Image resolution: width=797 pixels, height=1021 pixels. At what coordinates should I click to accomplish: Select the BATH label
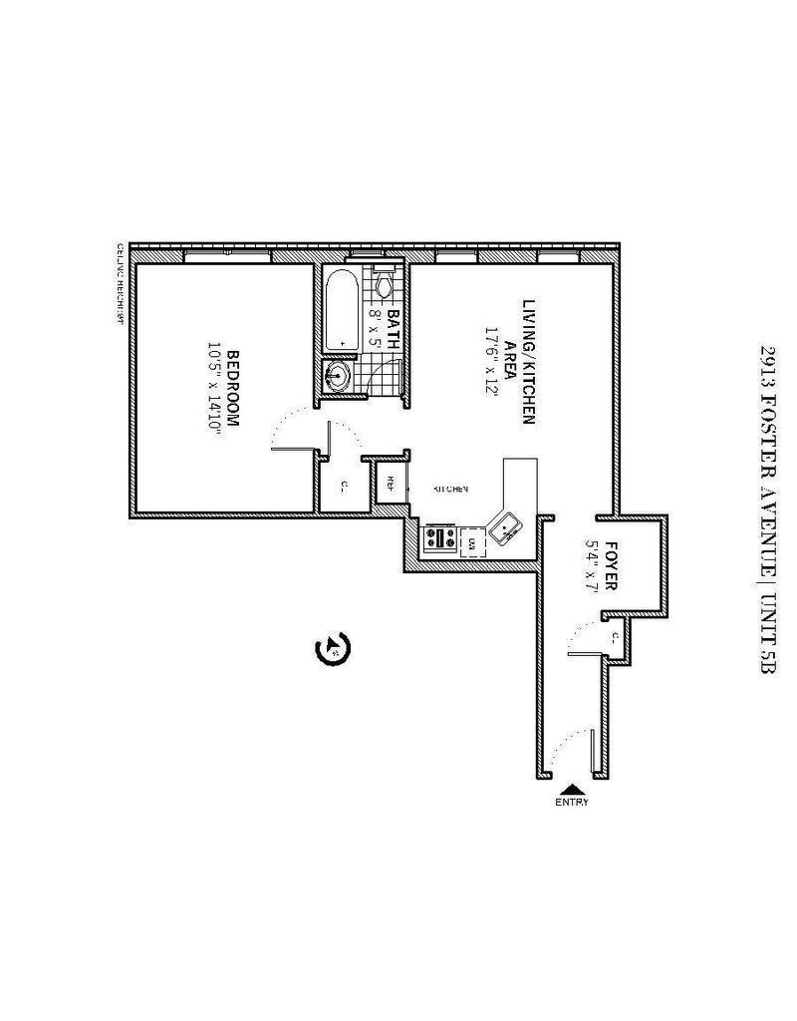click(392, 328)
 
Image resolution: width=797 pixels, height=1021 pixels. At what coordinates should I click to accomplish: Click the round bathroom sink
click(339, 376)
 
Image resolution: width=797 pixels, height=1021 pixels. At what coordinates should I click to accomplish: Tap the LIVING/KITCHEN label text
click(529, 361)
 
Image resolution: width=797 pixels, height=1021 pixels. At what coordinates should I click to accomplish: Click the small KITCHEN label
click(450, 490)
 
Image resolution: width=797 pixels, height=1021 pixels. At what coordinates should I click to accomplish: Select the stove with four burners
click(440, 539)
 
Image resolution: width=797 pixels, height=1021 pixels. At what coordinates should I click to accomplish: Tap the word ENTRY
click(573, 802)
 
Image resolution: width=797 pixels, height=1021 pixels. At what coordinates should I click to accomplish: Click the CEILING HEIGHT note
click(121, 283)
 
